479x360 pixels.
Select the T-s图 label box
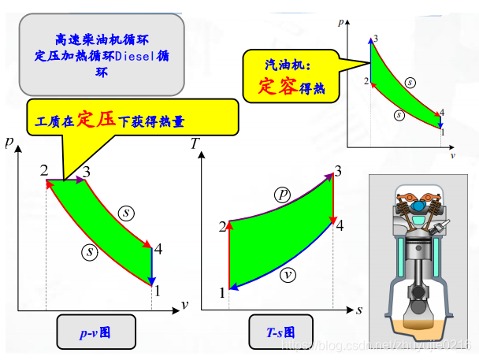pos(280,332)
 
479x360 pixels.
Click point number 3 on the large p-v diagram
pos(86,172)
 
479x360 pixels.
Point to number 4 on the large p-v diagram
pos(159,250)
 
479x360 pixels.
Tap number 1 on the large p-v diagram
pos(158,290)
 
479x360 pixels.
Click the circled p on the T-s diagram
pos(282,194)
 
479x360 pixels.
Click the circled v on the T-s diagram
pos(288,275)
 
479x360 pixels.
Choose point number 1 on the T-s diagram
pos(222,293)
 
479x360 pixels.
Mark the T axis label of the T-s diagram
pos(195,144)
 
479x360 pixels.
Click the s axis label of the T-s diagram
pos(358,310)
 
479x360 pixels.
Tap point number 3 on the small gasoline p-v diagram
pos(376,39)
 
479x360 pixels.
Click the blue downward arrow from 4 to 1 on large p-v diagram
pos(151,266)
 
